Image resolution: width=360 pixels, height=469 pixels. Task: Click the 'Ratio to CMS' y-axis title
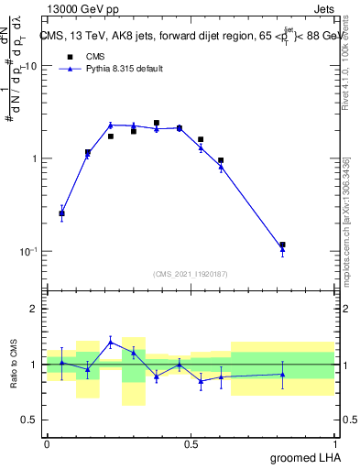coord(13,365)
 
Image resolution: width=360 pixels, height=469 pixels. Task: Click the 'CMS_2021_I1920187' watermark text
coord(190,273)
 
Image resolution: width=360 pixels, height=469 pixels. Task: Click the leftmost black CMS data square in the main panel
coord(61,213)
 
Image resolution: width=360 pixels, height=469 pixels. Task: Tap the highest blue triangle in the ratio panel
coord(111,343)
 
